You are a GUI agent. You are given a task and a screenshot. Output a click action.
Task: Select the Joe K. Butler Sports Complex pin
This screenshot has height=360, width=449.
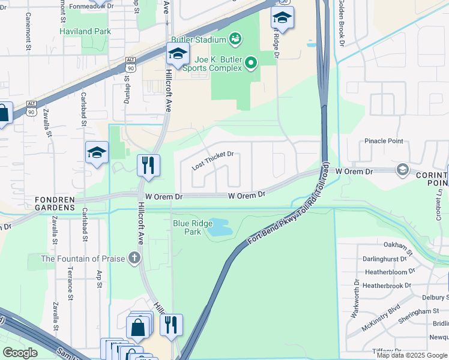(x=252, y=61)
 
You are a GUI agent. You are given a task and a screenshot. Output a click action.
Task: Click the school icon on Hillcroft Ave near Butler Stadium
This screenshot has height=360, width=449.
(x=177, y=55)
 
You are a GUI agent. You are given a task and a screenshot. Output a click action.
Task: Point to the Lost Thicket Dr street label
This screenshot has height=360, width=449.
(x=212, y=160)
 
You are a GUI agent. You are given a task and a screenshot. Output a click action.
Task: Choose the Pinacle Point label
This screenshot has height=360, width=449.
(x=384, y=141)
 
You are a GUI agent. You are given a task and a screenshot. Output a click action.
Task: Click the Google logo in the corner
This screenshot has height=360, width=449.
(x=20, y=352)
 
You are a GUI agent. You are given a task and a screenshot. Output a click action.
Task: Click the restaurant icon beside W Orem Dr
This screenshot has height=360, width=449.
(x=148, y=164)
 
